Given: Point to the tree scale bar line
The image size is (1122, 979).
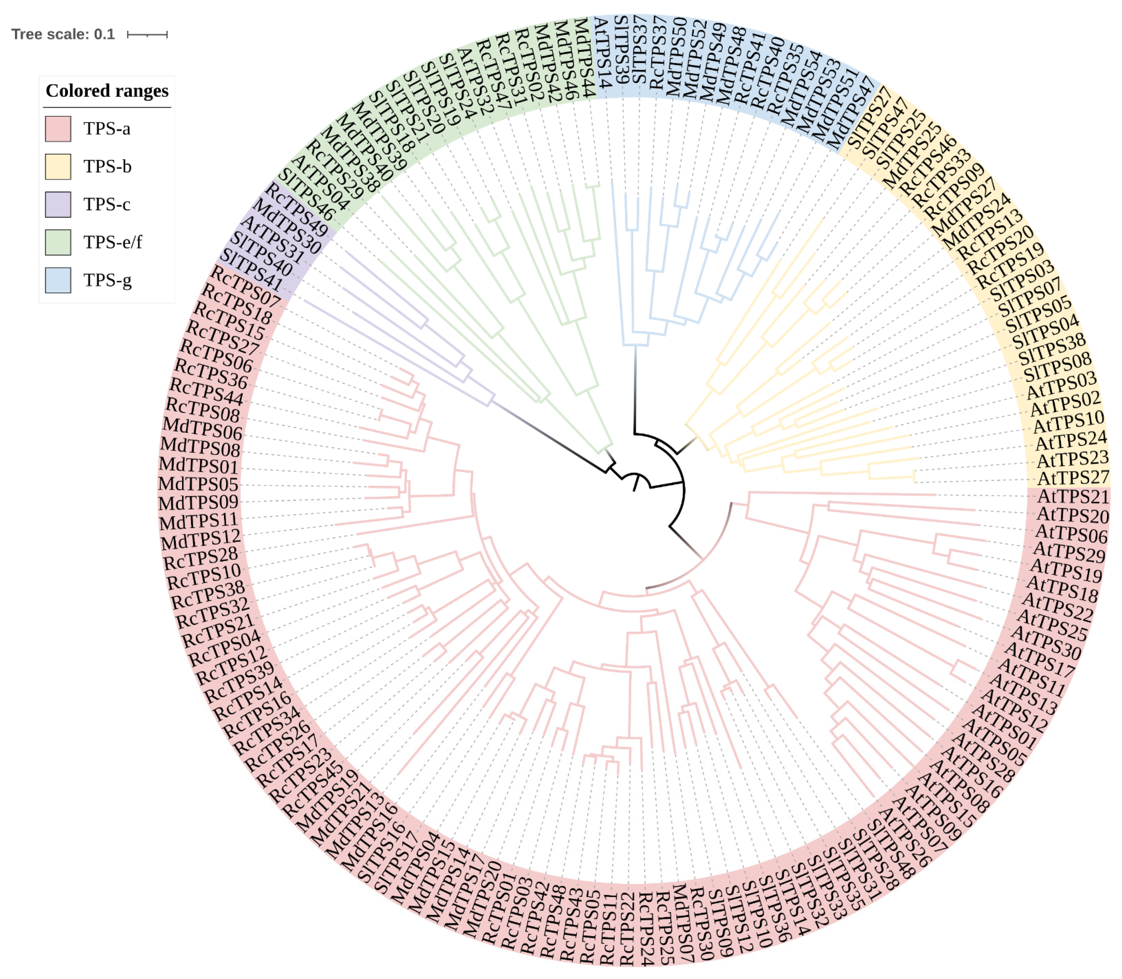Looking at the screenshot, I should pyautogui.click(x=147, y=34).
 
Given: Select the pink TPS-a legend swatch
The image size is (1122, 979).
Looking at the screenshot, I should pyautogui.click(x=58, y=129).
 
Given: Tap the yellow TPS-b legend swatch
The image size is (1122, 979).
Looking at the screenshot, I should pyautogui.click(x=58, y=167).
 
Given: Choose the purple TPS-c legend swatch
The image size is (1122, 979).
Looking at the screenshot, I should pyautogui.click(x=58, y=204).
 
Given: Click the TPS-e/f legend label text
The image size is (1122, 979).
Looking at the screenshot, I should pyautogui.click(x=113, y=242).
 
